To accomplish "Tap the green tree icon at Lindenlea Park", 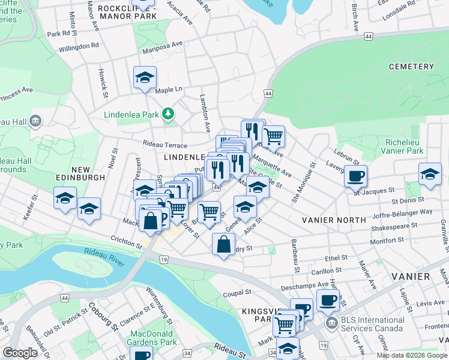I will pyautogui.click(x=170, y=113).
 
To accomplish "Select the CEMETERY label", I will pyautogui.click(x=411, y=66).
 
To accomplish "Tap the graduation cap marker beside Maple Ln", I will pyautogui.click(x=145, y=78).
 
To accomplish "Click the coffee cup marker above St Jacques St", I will pyautogui.click(x=355, y=176).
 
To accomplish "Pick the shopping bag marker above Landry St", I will pyautogui.click(x=223, y=244).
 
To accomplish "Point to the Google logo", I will pyautogui.click(x=20, y=353).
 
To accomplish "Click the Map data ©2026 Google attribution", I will pyautogui.click(x=412, y=355).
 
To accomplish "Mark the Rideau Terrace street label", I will pyautogui.click(x=164, y=145).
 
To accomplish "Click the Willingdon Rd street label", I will pyautogui.click(x=79, y=46).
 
